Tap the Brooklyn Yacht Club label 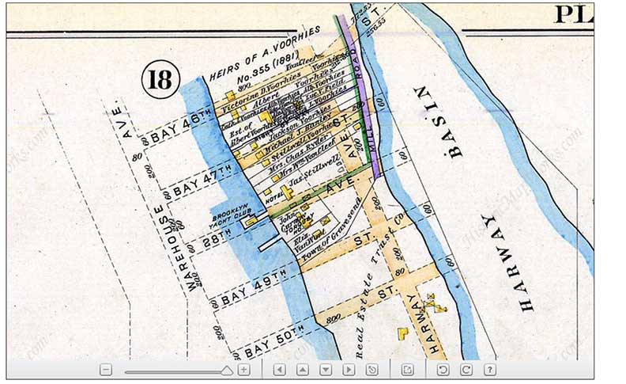230,218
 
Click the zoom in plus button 244,370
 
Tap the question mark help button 490,370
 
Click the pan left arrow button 279,370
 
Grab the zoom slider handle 227,370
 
